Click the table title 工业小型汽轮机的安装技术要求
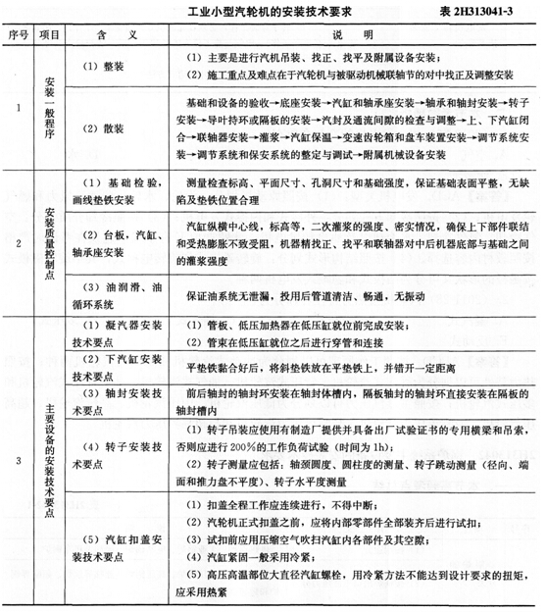tap(290, 13)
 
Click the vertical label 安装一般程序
tap(55, 107)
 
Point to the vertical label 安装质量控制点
tap(55, 239)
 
